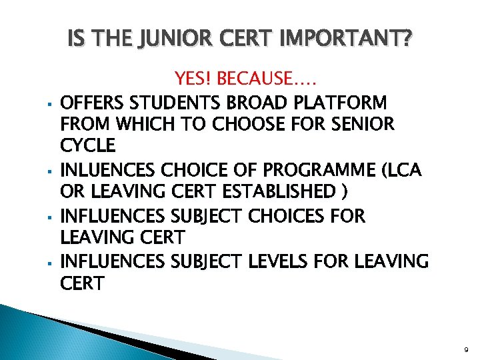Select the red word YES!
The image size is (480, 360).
click(193, 81)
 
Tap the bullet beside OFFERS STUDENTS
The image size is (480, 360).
click(51, 105)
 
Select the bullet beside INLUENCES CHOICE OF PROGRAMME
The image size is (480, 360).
click(51, 172)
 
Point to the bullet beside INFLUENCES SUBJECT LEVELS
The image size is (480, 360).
click(51, 263)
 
